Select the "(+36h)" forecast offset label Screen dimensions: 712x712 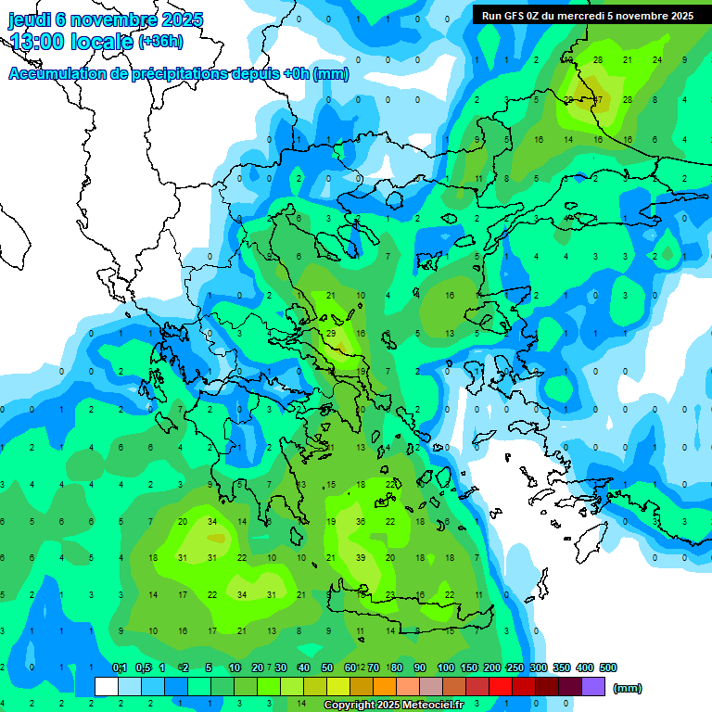click(x=160, y=42)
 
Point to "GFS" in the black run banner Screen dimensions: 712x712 click(x=519, y=16)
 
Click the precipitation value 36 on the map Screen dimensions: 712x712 click(x=361, y=522)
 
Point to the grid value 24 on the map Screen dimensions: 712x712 click(x=657, y=60)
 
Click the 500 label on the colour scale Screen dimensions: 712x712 click(x=608, y=667)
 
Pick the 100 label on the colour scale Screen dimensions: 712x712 click(x=446, y=667)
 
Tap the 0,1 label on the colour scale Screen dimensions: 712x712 click(x=120, y=667)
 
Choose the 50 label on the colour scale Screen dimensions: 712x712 click(x=326, y=667)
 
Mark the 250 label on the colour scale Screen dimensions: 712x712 click(x=515, y=667)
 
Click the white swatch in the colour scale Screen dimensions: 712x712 click(x=106, y=687)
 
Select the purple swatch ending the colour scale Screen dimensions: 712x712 click(x=593, y=687)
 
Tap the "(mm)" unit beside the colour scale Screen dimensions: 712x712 click(x=628, y=688)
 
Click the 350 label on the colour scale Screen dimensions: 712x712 click(x=562, y=667)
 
